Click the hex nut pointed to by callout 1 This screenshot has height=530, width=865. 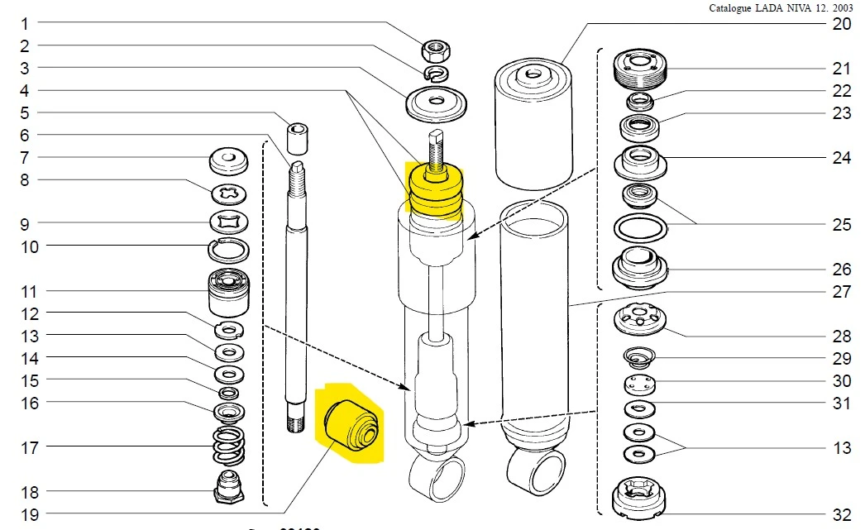click(435, 52)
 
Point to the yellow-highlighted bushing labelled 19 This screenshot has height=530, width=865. click(349, 423)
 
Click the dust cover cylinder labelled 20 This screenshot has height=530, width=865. click(533, 124)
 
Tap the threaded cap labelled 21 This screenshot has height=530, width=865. click(639, 68)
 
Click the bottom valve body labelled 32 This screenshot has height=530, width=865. click(639, 499)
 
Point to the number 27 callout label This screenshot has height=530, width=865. click(841, 291)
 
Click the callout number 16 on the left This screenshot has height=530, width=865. click(30, 403)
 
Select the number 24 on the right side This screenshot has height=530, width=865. click(841, 158)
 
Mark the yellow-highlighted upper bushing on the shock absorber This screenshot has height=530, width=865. click(433, 193)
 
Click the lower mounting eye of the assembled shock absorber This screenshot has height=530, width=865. click(436, 479)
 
